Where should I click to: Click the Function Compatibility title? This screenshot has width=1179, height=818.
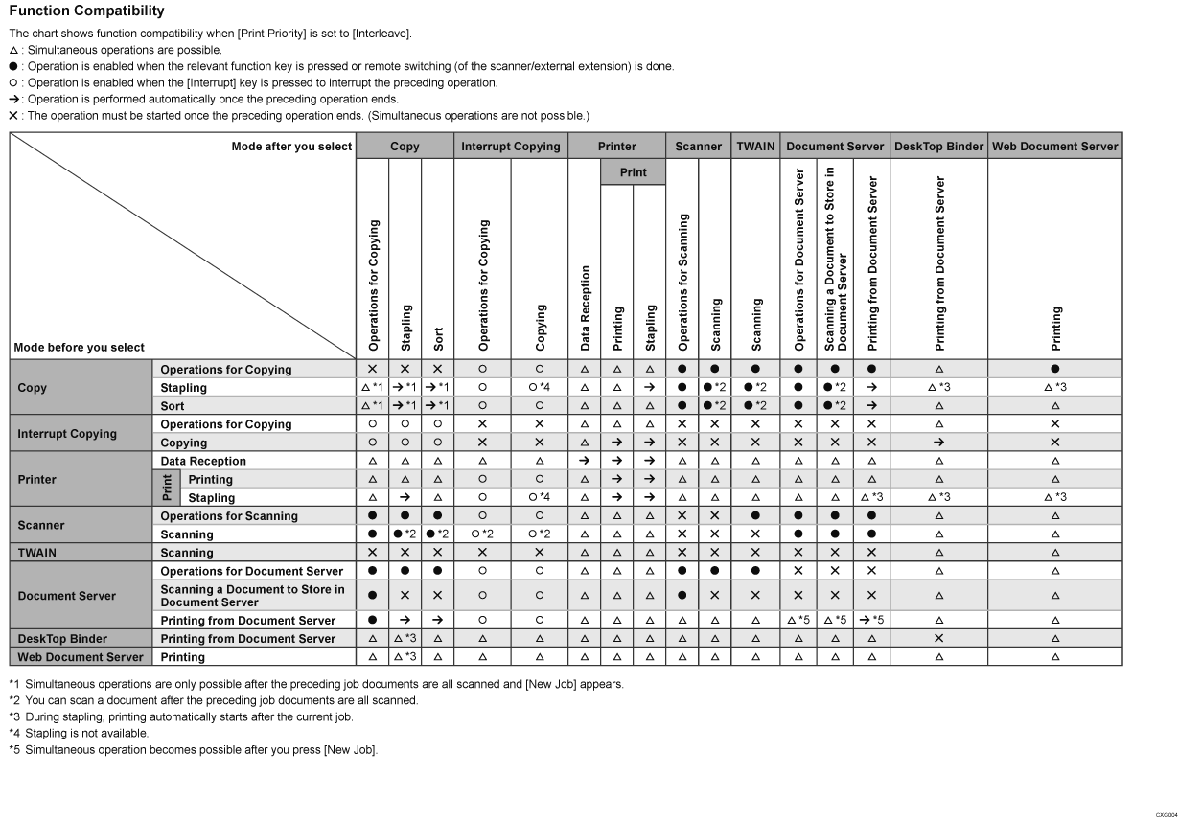pyautogui.click(x=86, y=11)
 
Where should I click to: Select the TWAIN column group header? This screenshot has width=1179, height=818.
pyautogui.click(x=756, y=147)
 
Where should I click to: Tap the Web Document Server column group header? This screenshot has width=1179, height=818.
pyautogui.click(x=1054, y=147)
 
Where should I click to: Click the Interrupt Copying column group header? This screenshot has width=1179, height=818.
pyautogui.click(x=510, y=147)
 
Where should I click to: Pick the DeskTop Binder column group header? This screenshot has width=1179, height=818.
pyautogui.click(x=938, y=147)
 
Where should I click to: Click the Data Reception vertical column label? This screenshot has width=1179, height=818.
pyautogui.click(x=584, y=307)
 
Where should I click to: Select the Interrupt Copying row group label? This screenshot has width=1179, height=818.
pyautogui.click(x=67, y=434)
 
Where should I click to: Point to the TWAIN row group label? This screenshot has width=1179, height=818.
pyautogui.click(x=37, y=553)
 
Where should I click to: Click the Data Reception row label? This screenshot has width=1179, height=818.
pyautogui.click(x=203, y=462)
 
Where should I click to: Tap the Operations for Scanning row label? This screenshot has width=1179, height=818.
pyautogui.click(x=229, y=516)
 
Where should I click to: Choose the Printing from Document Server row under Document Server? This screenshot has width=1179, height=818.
pyautogui.click(x=247, y=621)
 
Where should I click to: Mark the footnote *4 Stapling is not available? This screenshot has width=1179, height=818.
pyautogui.click(x=79, y=733)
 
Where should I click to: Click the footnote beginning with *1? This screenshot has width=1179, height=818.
pyautogui.click(x=316, y=684)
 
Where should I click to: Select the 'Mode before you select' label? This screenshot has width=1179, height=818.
pyautogui.click(x=80, y=347)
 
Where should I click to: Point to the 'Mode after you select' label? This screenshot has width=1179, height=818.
pyautogui.click(x=291, y=147)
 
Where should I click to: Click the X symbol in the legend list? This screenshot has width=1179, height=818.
pyautogui.click(x=13, y=116)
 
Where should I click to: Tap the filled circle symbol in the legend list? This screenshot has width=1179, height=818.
pyautogui.click(x=13, y=67)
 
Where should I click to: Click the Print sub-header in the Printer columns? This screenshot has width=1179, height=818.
pyautogui.click(x=633, y=172)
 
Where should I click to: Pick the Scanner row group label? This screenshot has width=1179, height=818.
pyautogui.click(x=41, y=526)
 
